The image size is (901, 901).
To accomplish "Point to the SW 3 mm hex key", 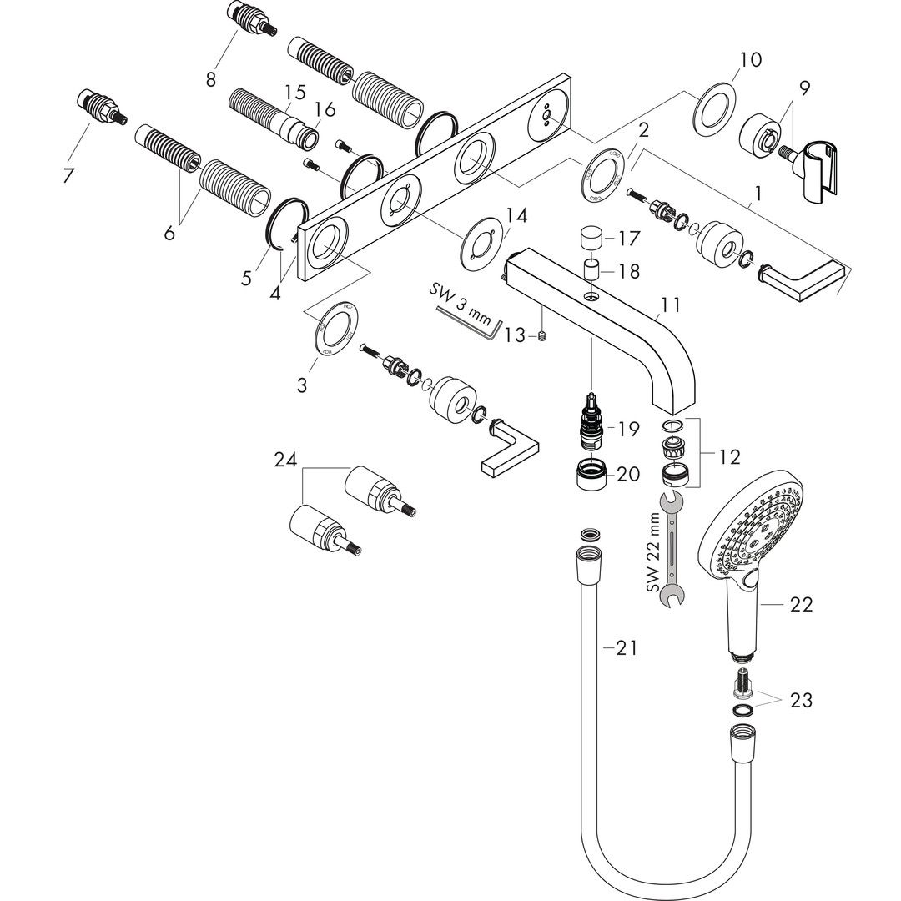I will click(x=467, y=320).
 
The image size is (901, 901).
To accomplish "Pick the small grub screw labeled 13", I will click(x=543, y=336).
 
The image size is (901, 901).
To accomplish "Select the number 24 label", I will click(x=286, y=459).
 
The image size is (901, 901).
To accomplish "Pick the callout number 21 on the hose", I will click(x=627, y=647).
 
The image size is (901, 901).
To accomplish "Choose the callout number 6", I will click(x=169, y=233).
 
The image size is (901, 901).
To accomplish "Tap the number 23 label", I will click(x=801, y=700).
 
